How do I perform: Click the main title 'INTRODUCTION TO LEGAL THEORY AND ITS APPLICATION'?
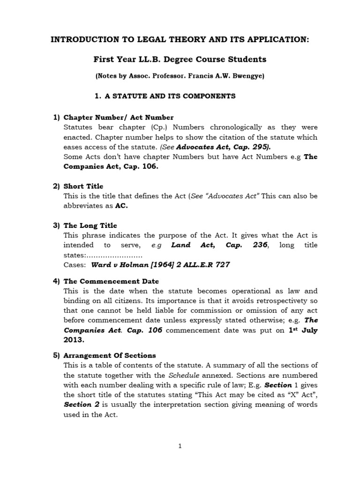pyautogui.click(x=180, y=40)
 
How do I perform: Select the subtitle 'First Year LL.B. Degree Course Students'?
pyautogui.click(x=180, y=60)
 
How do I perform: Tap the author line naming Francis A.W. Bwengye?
pyautogui.click(x=180, y=76)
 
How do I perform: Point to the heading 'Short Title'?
pyautogui.click(x=83, y=186)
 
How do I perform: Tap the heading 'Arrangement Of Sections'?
pyautogui.click(x=110, y=355)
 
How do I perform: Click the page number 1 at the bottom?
pyautogui.click(x=180, y=446)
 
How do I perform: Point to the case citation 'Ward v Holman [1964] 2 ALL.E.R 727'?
pyautogui.click(x=160, y=264)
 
